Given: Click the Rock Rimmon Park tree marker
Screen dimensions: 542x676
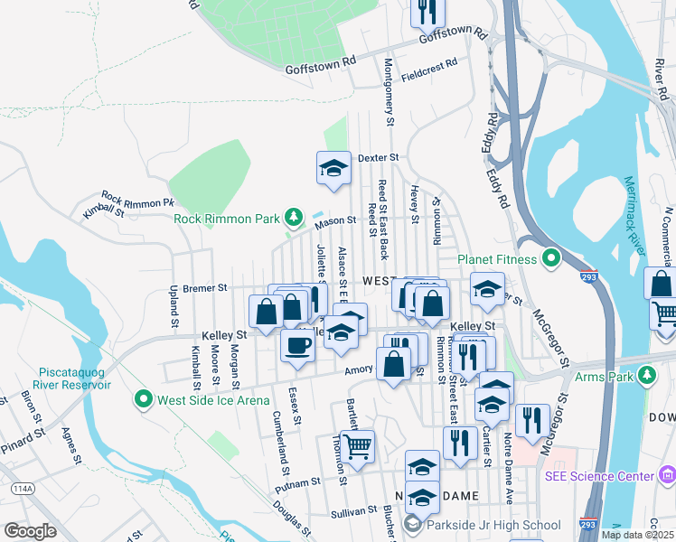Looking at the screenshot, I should [x=293, y=217].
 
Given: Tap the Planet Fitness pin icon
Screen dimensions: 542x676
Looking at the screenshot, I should [x=554, y=259].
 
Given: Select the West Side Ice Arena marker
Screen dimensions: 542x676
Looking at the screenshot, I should [x=142, y=398].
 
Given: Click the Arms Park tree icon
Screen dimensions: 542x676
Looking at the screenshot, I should [x=645, y=374].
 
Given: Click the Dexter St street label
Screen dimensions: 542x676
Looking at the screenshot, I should [x=378, y=157].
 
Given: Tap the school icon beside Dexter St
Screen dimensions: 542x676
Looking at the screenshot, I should [x=333, y=167].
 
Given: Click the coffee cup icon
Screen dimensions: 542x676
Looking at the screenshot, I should [x=296, y=344].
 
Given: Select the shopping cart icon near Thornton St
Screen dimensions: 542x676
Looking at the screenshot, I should [x=359, y=444].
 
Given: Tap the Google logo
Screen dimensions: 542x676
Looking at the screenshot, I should [x=30, y=530].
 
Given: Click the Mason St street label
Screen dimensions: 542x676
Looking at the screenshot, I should [x=335, y=220].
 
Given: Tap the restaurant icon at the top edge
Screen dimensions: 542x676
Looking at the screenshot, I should [x=427, y=10].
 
